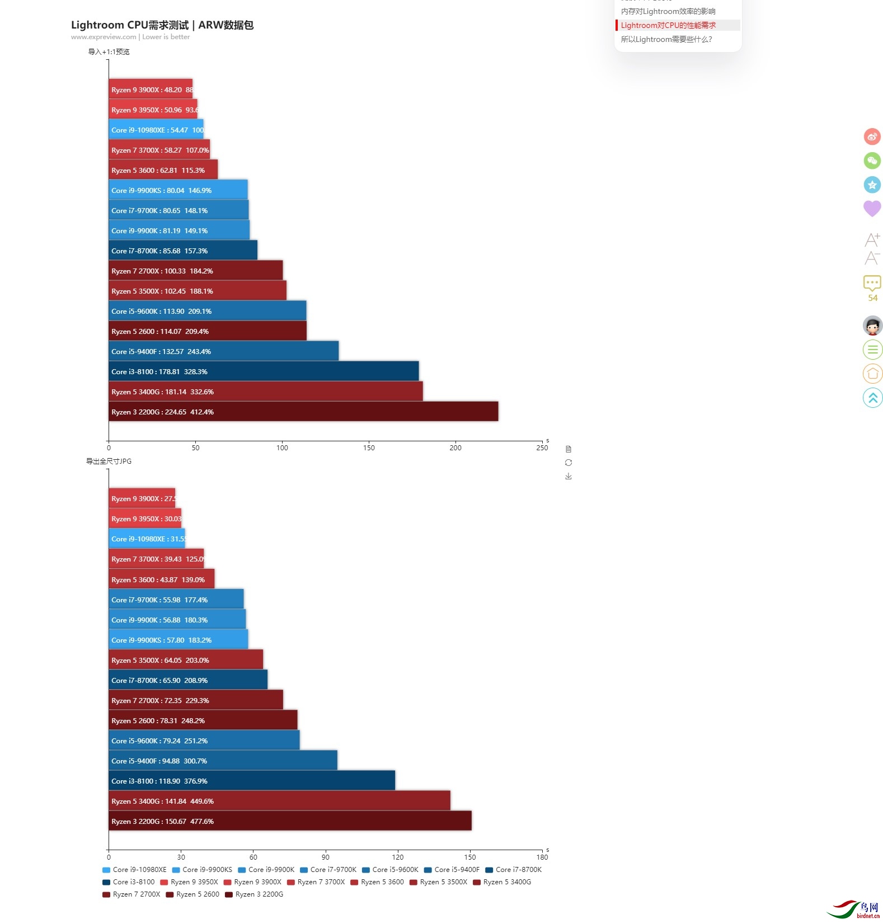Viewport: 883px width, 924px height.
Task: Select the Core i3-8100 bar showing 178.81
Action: (x=264, y=371)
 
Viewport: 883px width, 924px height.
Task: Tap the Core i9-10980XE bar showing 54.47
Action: (x=156, y=130)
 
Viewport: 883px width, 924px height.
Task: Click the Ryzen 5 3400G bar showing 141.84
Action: (x=279, y=801)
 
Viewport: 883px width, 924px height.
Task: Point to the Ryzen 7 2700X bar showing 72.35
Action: (x=196, y=700)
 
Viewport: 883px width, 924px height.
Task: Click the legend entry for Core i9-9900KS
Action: (x=202, y=870)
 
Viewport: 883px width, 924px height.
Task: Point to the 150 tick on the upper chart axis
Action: (x=369, y=447)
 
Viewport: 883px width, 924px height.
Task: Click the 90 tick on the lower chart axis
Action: (x=326, y=857)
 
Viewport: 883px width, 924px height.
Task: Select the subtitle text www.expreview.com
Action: (x=104, y=37)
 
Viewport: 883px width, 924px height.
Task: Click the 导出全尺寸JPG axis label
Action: (x=109, y=461)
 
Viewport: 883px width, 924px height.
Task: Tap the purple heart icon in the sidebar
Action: (x=872, y=208)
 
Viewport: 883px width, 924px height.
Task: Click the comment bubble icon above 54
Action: (x=872, y=282)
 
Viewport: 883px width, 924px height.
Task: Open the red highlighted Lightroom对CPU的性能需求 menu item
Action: (x=668, y=25)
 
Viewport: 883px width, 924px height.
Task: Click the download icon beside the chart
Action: (x=569, y=476)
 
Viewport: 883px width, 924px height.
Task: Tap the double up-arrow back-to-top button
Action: (x=872, y=398)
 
